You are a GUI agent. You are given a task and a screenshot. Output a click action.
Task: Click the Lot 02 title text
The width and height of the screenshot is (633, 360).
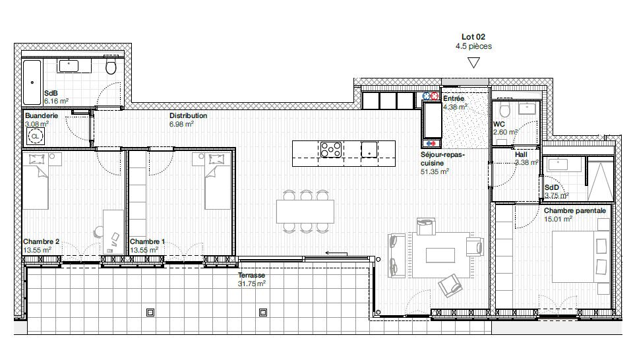(x=473, y=37)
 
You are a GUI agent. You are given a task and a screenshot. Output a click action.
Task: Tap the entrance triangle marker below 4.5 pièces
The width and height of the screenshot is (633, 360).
(x=473, y=63)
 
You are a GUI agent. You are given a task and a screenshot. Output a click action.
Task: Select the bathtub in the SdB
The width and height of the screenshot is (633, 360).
(x=32, y=82)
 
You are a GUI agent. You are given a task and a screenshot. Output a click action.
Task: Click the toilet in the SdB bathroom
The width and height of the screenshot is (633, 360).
(x=111, y=66)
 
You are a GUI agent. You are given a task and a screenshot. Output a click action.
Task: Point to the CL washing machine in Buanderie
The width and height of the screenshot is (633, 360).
(x=35, y=136)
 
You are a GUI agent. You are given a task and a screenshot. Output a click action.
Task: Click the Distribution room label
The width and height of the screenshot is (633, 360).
(x=188, y=115)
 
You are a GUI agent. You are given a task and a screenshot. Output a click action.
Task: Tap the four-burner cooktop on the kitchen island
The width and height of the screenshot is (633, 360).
(x=331, y=149)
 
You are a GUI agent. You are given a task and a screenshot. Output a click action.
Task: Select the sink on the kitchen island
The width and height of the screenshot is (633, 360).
(x=369, y=149)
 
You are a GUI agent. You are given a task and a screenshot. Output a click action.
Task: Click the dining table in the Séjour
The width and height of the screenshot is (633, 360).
(x=305, y=212)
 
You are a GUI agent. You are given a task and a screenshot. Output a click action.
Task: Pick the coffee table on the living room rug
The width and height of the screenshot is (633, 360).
(x=440, y=255)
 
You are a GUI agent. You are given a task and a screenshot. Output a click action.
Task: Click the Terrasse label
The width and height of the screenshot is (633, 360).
(x=251, y=275)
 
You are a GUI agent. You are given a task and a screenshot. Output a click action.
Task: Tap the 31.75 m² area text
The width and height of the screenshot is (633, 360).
(x=251, y=284)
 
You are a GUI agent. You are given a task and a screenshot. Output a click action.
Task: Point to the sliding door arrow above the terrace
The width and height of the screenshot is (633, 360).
(x=336, y=253)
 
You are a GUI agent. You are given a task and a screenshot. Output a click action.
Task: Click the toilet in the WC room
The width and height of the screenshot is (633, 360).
(x=504, y=109)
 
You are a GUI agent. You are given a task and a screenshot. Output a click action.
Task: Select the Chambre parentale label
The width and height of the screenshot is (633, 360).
(x=575, y=211)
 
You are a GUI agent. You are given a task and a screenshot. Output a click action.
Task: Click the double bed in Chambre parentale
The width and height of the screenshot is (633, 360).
(x=580, y=256)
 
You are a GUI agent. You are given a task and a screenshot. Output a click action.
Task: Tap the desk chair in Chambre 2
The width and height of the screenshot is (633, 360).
(x=99, y=232)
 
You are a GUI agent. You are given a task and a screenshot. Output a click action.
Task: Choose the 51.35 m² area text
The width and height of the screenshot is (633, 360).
(x=435, y=171)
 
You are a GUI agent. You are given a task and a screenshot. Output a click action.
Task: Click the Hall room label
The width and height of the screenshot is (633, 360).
(x=521, y=154)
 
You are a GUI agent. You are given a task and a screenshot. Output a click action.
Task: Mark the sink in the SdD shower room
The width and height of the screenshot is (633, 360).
(x=558, y=164)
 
